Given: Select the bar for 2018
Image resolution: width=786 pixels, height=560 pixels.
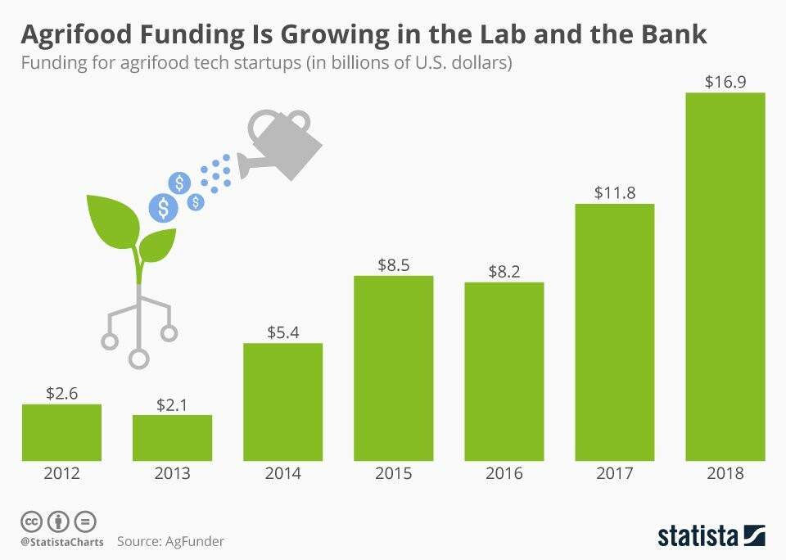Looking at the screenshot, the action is pyautogui.click(x=725, y=277).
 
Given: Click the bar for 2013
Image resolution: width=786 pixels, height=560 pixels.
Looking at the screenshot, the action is pyautogui.click(x=173, y=438).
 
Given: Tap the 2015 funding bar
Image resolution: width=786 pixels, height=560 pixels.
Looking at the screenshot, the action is pyautogui.click(x=394, y=368).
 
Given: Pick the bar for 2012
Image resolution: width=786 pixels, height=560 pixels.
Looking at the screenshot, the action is pyautogui.click(x=61, y=432).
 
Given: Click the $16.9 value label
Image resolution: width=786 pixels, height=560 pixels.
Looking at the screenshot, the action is pyautogui.click(x=725, y=82).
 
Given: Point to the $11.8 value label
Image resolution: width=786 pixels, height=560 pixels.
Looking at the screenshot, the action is pyautogui.click(x=615, y=192).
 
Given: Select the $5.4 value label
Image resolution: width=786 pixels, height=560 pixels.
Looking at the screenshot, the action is pyautogui.click(x=282, y=332).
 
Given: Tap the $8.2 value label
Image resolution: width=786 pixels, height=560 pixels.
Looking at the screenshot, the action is pyautogui.click(x=504, y=271).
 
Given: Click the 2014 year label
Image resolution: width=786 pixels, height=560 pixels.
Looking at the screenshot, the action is pyautogui.click(x=282, y=473).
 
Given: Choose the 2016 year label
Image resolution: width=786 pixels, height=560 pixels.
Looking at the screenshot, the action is pyautogui.click(x=504, y=473).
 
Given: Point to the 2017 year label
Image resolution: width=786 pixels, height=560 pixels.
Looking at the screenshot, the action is pyautogui.click(x=615, y=473).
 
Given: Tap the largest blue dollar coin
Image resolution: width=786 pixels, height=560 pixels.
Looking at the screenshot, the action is pyautogui.click(x=164, y=208).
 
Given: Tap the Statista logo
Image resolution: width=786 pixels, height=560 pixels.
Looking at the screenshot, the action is pyautogui.click(x=711, y=536).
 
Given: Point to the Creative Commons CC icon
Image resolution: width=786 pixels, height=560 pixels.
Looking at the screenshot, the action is pyautogui.click(x=31, y=522).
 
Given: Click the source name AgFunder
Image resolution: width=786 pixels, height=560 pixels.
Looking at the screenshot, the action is pyautogui.click(x=195, y=541).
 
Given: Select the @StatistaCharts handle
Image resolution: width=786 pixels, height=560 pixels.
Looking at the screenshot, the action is pyautogui.click(x=62, y=542).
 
